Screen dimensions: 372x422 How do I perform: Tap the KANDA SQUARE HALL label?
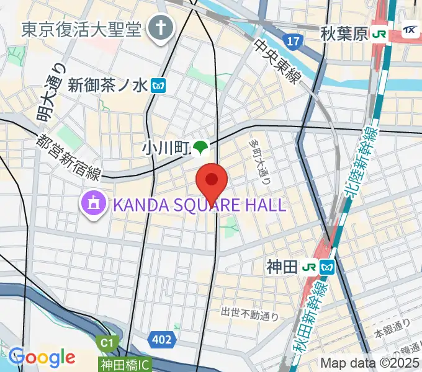click(198, 205)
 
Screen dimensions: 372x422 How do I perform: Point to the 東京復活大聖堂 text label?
click(82, 29)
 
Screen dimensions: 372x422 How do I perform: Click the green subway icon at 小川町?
click(200, 148)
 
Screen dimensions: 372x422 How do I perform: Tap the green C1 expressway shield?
click(107, 343)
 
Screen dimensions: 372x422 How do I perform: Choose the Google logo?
click(42, 357)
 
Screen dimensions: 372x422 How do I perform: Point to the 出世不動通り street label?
click(249, 315)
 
